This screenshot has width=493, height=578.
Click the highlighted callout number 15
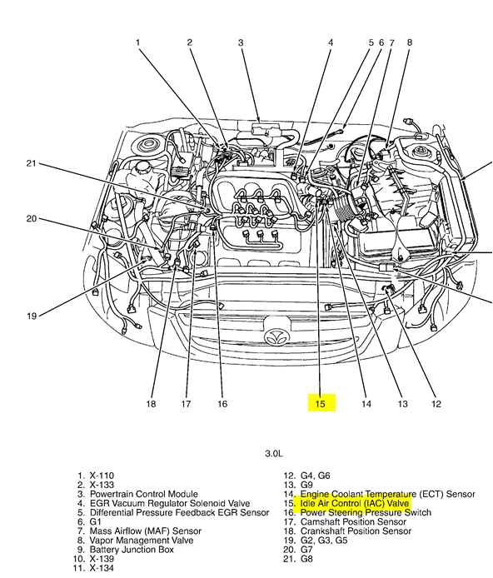[320, 404]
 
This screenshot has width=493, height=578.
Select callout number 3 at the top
[241, 42]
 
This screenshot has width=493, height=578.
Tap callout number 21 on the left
[31, 163]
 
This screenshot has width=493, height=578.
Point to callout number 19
[31, 316]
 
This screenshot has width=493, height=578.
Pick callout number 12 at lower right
[436, 404]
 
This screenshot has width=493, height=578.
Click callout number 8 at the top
[409, 42]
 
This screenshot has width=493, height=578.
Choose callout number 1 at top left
[138, 42]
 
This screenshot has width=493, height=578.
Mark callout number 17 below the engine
[187, 404]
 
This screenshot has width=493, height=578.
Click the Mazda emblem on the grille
[274, 338]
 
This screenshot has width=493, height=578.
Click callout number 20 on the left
[31, 219]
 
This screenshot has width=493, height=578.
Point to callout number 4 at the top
[330, 42]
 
